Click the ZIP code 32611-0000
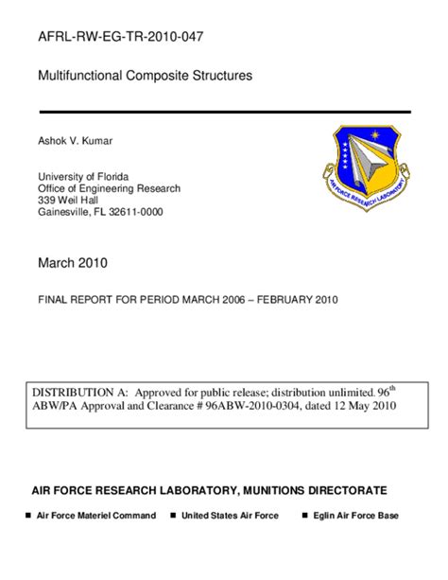click(137, 212)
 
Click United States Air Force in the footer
click(230, 516)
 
